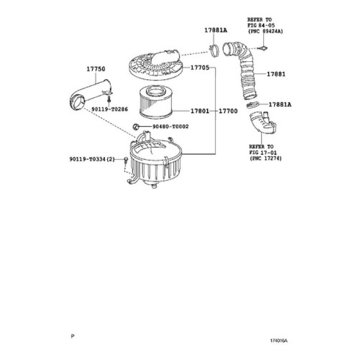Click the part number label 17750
click(96, 69)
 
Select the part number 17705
click(200, 67)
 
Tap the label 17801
click(200, 111)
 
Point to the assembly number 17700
click(228, 111)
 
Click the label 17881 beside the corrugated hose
click(276, 74)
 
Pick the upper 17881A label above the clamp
click(216, 30)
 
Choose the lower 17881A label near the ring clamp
click(280, 104)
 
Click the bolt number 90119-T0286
click(110, 109)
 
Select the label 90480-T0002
click(171, 126)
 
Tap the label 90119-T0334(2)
click(92, 159)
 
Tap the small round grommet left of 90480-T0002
click(136, 126)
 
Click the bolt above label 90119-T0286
click(109, 99)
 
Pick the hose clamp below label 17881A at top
click(214, 51)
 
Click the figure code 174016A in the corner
click(279, 341)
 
